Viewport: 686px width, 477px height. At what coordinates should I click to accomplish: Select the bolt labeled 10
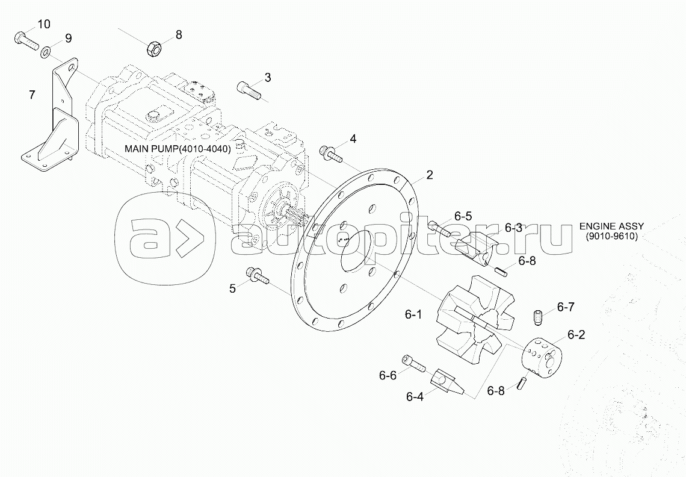pos(23,40)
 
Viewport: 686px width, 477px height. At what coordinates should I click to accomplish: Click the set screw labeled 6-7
pos(539,315)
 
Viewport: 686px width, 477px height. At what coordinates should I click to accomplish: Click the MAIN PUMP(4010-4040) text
pos(178,149)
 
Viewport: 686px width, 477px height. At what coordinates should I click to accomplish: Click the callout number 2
pos(429,175)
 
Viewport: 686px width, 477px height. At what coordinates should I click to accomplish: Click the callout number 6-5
pos(463,216)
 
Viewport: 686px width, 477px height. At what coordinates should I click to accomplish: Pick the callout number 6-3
pos(513,228)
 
